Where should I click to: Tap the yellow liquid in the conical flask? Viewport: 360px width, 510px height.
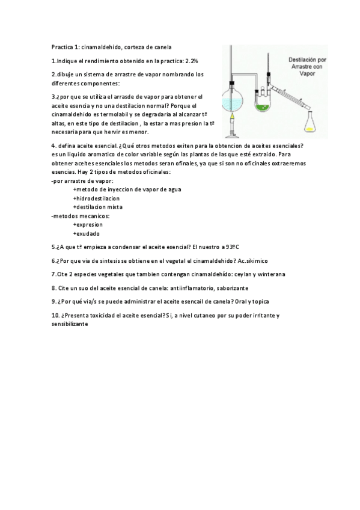(x=310, y=127)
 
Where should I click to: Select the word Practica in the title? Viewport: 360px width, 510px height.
(x=61, y=47)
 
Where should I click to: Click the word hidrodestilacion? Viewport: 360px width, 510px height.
(x=96, y=198)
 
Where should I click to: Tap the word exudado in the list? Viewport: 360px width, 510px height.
(x=87, y=233)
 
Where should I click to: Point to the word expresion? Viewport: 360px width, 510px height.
(x=88, y=224)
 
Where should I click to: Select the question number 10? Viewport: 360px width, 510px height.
(x=55, y=315)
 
